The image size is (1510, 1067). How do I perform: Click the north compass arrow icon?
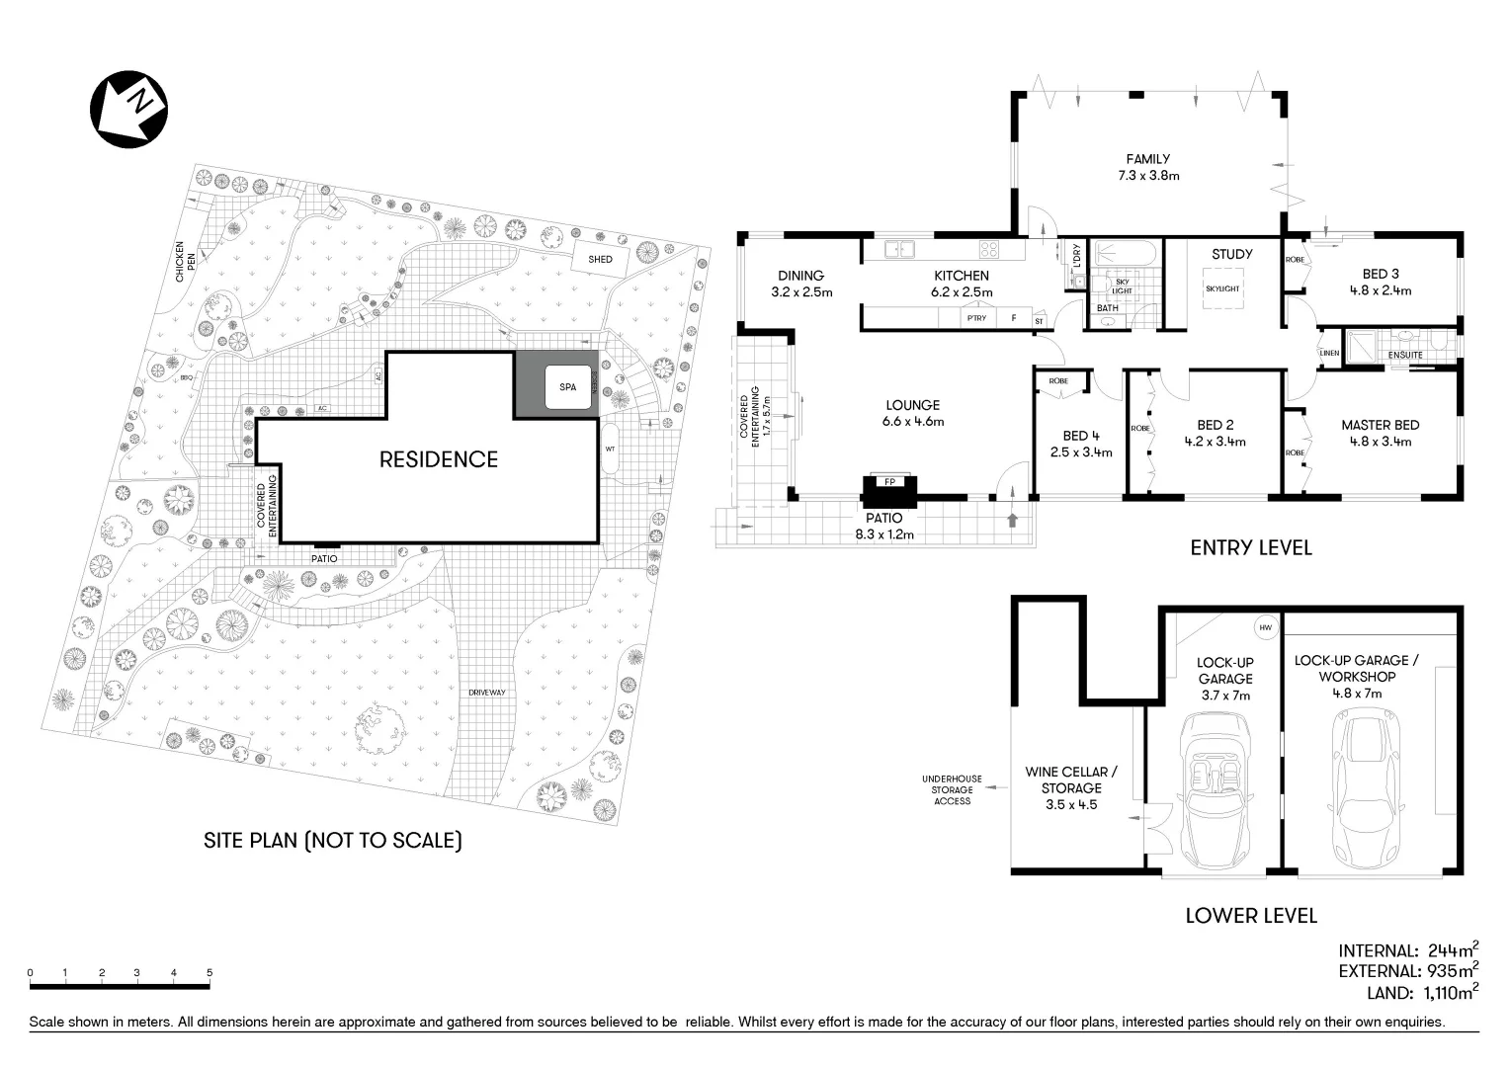(128, 109)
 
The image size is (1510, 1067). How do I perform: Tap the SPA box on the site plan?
(567, 387)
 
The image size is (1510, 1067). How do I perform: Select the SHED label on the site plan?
(600, 260)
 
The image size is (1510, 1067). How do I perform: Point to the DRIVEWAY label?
(487, 693)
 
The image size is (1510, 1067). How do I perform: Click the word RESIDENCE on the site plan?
(439, 459)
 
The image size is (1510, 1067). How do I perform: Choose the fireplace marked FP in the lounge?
(889, 488)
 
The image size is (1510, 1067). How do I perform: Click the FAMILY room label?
(1147, 167)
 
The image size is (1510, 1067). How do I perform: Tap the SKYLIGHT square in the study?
(1222, 288)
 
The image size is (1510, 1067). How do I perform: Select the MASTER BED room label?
(1380, 433)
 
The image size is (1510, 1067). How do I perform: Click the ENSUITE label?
(1405, 355)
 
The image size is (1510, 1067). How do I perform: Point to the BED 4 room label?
(1081, 444)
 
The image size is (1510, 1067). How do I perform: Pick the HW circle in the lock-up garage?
(1265, 627)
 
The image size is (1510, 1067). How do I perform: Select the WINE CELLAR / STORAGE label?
(1071, 787)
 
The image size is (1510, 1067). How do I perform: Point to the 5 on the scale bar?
(210, 973)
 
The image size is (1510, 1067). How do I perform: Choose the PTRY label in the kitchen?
(976, 318)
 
